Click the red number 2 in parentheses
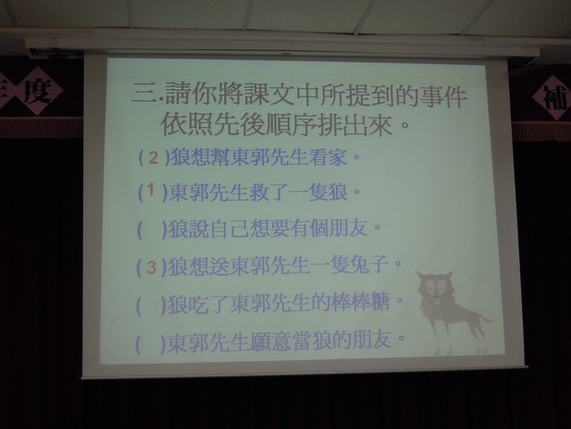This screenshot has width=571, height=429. [x=153, y=158]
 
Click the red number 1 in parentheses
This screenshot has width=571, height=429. [x=151, y=190]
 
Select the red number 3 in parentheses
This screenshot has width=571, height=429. [x=152, y=268]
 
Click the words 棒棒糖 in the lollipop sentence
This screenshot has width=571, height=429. [x=361, y=303]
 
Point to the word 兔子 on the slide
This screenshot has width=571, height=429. [x=370, y=265]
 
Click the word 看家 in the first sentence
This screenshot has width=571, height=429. [x=327, y=157]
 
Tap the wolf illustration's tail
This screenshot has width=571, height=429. [x=485, y=320]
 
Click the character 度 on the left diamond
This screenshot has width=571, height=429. [x=38, y=91]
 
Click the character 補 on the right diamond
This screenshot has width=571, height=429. [x=555, y=98]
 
